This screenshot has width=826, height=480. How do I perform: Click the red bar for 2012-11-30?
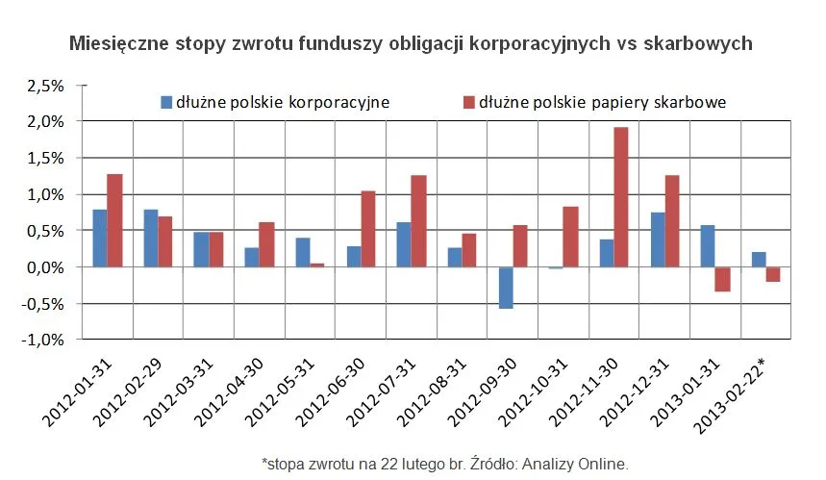coord(622,197)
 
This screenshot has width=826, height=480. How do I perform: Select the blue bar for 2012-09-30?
coord(505,288)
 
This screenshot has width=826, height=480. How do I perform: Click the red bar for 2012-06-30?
coord(368,229)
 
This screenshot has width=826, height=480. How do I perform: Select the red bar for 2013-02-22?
coord(773,274)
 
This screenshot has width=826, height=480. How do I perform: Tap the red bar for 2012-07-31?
coord(419,221)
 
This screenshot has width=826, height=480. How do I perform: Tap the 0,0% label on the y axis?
coord(44,267)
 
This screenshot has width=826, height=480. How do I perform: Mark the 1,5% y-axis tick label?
coord(44,158)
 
